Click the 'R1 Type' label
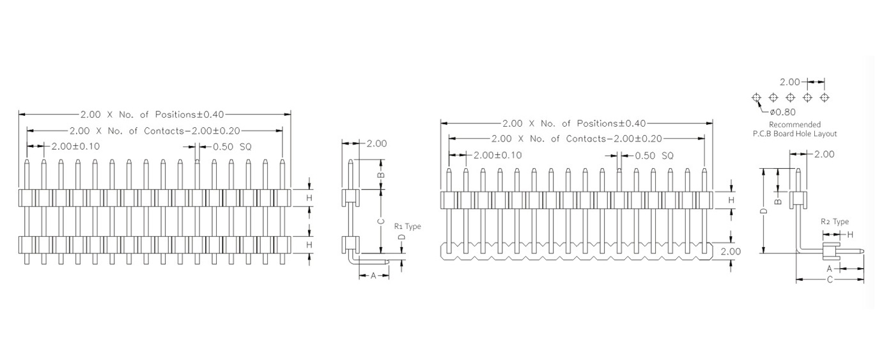[x=407, y=226]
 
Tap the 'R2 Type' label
[x=835, y=222]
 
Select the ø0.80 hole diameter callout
[x=782, y=113]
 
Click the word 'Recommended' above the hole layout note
[x=794, y=125]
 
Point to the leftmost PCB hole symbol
[x=756, y=98]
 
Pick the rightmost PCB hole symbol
[x=825, y=98]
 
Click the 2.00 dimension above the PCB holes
[x=789, y=82]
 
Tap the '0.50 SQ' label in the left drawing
[x=232, y=147]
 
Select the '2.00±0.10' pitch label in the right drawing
[x=498, y=155]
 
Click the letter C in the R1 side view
[x=381, y=221]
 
